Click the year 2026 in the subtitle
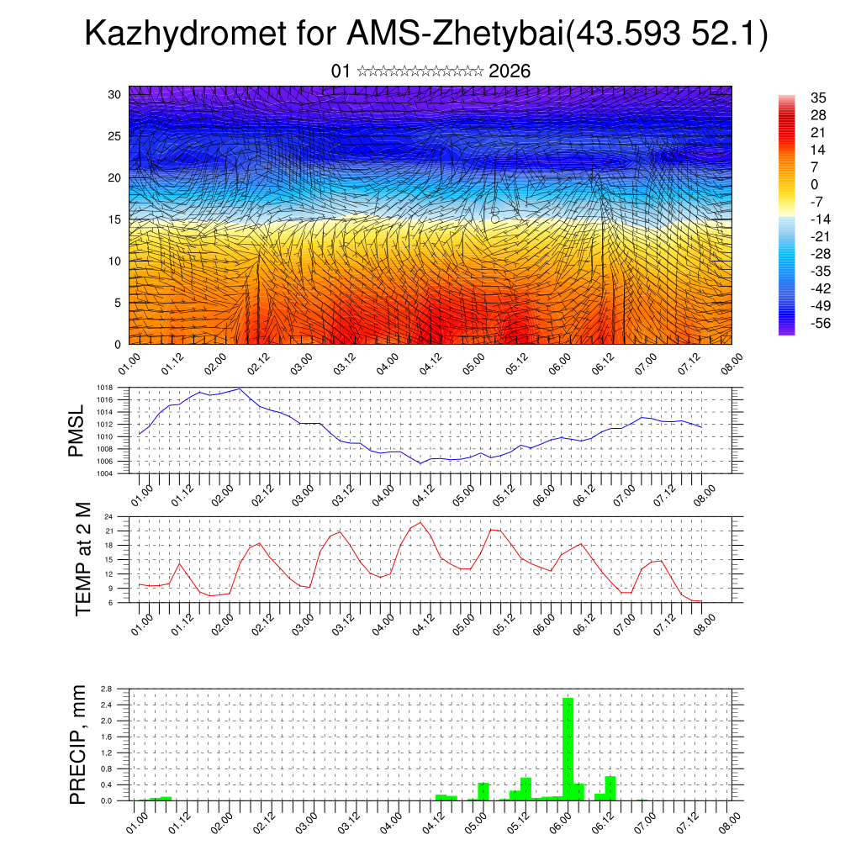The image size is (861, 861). tap(509, 71)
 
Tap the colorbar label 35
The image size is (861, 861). tap(817, 98)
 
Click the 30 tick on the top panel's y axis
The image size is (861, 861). tap(115, 94)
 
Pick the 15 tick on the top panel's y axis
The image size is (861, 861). tap(115, 219)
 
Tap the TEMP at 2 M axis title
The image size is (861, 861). tap(82, 559)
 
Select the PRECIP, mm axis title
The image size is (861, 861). tap(77, 745)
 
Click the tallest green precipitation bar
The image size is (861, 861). tap(568, 748)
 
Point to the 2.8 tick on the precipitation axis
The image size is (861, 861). tap(106, 689)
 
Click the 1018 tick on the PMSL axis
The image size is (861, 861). tap(104, 388)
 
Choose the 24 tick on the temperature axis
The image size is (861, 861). tap(108, 517)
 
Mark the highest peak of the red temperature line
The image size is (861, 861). tap(420, 522)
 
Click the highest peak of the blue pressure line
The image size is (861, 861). tap(240, 388)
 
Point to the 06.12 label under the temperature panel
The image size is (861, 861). tap(584, 623)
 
